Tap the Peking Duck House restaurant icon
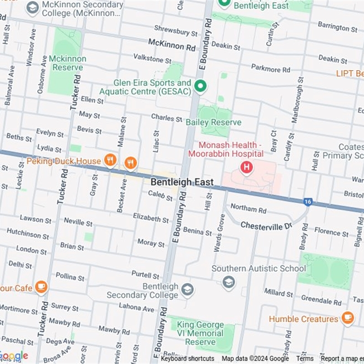coord(110,160)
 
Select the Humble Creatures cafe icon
coord(348,318)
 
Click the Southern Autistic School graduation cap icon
coord(229,283)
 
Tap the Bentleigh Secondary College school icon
coord(187,289)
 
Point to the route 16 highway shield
coord(308,202)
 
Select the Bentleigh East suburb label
coord(182,182)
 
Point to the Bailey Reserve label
coord(213,122)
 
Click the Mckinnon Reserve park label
coord(67,63)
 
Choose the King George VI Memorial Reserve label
coord(200,334)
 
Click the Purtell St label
coord(145,275)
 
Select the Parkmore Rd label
coord(270,69)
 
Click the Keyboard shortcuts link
coord(187,359)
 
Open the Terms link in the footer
coord(305,359)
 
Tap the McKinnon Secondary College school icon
coord(32,8)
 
